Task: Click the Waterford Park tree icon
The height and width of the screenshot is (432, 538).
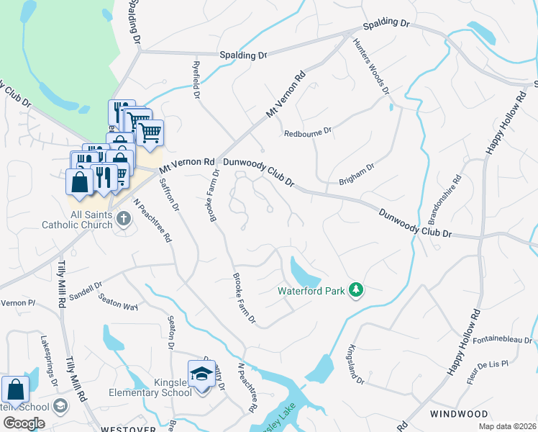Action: [355, 290]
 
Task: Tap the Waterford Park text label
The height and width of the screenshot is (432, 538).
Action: [311, 292]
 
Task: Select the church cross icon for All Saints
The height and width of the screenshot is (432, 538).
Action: [123, 217]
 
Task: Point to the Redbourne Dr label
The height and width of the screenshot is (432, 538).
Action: [307, 132]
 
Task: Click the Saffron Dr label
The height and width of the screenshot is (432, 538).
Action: [166, 194]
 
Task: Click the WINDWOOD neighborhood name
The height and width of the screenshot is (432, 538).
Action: [458, 414]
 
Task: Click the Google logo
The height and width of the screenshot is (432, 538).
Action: [24, 423]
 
